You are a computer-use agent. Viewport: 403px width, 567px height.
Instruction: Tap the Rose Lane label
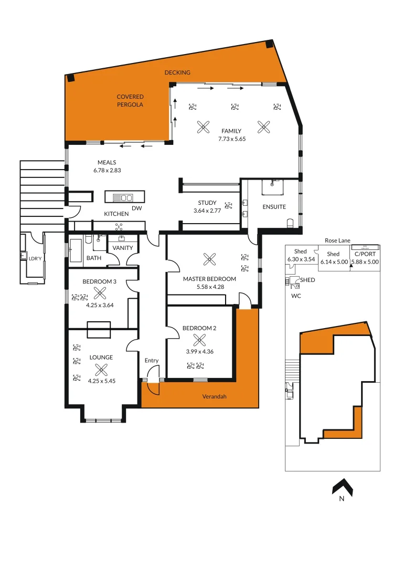(337, 240)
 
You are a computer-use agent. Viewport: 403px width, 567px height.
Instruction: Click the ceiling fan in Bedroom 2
(199, 340)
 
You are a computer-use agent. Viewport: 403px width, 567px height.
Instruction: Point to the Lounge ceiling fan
(101, 370)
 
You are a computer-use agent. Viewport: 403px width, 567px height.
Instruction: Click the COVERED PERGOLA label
(130, 100)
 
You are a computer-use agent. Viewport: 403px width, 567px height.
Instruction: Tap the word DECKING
(177, 72)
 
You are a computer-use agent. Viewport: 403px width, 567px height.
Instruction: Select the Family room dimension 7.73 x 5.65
(232, 139)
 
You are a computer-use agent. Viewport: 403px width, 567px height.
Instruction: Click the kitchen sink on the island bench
(126, 197)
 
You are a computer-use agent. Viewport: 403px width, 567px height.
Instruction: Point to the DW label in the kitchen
(136, 208)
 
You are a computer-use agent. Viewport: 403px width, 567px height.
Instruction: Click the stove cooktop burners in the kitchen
(119, 226)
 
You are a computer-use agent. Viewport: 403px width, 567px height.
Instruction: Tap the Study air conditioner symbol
(228, 206)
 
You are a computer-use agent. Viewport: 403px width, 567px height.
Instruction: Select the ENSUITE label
(274, 207)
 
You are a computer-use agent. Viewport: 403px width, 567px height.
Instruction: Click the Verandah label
(214, 396)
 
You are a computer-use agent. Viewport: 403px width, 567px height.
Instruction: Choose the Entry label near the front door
(152, 360)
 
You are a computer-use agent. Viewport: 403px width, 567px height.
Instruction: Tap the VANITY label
(123, 248)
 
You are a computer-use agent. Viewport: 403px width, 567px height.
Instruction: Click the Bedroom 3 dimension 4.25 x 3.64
(99, 303)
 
